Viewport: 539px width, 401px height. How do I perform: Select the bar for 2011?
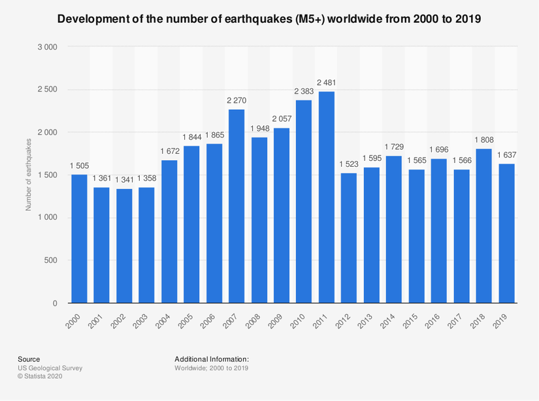(x=327, y=198)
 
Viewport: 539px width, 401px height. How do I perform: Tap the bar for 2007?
(x=237, y=206)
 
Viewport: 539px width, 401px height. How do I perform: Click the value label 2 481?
(x=327, y=82)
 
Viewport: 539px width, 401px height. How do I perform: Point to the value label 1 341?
(x=124, y=180)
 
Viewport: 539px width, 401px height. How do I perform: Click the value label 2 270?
(x=237, y=100)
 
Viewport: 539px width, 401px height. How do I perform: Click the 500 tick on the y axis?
(x=52, y=260)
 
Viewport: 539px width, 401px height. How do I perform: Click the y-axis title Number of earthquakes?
(x=28, y=175)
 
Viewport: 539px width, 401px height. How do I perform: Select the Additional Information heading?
(x=212, y=359)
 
